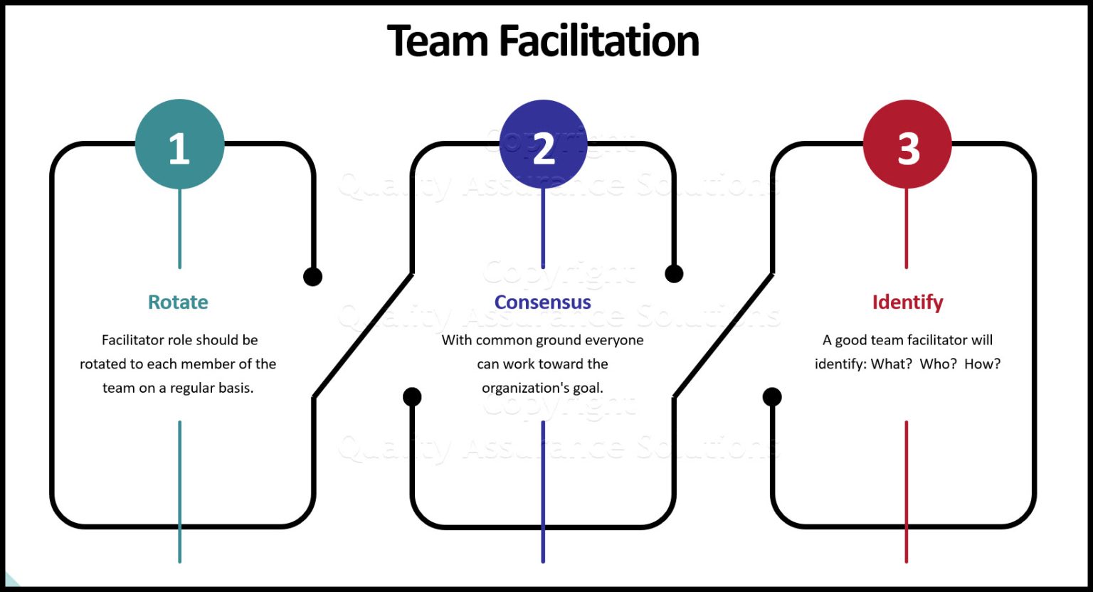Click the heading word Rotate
tap(178, 302)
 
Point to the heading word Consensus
tap(543, 302)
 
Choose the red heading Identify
tap(907, 302)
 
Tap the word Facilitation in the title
tap(599, 41)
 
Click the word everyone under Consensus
tap(614, 340)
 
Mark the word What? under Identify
tap(891, 364)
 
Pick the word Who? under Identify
tap(938, 364)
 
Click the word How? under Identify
tap(982, 364)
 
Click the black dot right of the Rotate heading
tap(312, 277)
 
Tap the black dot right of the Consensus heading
tap(674, 273)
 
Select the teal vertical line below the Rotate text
tap(179, 491)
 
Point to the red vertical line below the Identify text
tap(906, 491)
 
